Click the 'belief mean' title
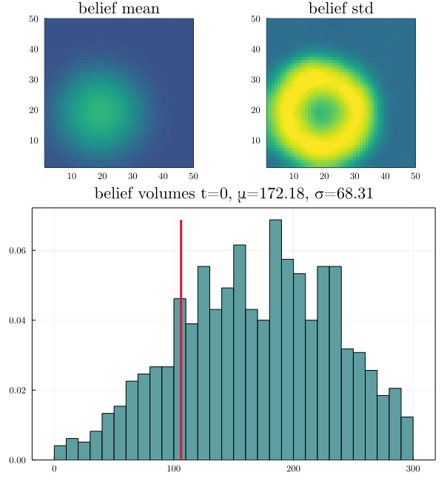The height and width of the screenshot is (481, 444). click(118, 9)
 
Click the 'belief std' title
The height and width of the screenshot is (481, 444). click(341, 9)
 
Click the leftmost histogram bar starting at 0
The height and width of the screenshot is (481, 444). click(60, 453)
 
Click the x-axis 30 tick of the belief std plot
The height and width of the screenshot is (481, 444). click(355, 176)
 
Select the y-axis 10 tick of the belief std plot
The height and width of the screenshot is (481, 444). click(255, 141)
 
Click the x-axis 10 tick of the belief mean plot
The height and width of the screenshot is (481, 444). click(72, 176)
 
